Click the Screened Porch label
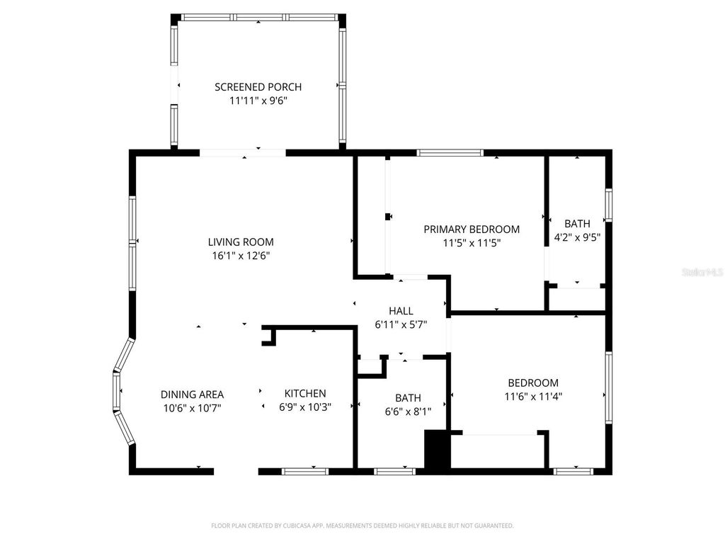pos(258,87)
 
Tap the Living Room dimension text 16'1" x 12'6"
pos(241,256)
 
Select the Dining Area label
pos(192,395)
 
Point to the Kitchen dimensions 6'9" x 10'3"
pos(305,407)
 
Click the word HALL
pos(401,311)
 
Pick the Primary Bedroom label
pos(472,229)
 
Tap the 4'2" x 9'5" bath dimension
pos(577,238)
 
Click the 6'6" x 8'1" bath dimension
pos(408,411)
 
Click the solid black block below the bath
pos(437,449)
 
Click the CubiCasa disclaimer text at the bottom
pos(362,526)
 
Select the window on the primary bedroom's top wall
pos(450,152)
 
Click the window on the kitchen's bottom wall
pos(305,471)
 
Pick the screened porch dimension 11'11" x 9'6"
pos(258,101)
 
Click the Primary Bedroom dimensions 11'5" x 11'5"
pos(472,243)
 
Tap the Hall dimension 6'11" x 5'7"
pos(401,325)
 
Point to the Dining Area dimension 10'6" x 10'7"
pos(192,407)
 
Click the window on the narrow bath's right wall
pos(608,205)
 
